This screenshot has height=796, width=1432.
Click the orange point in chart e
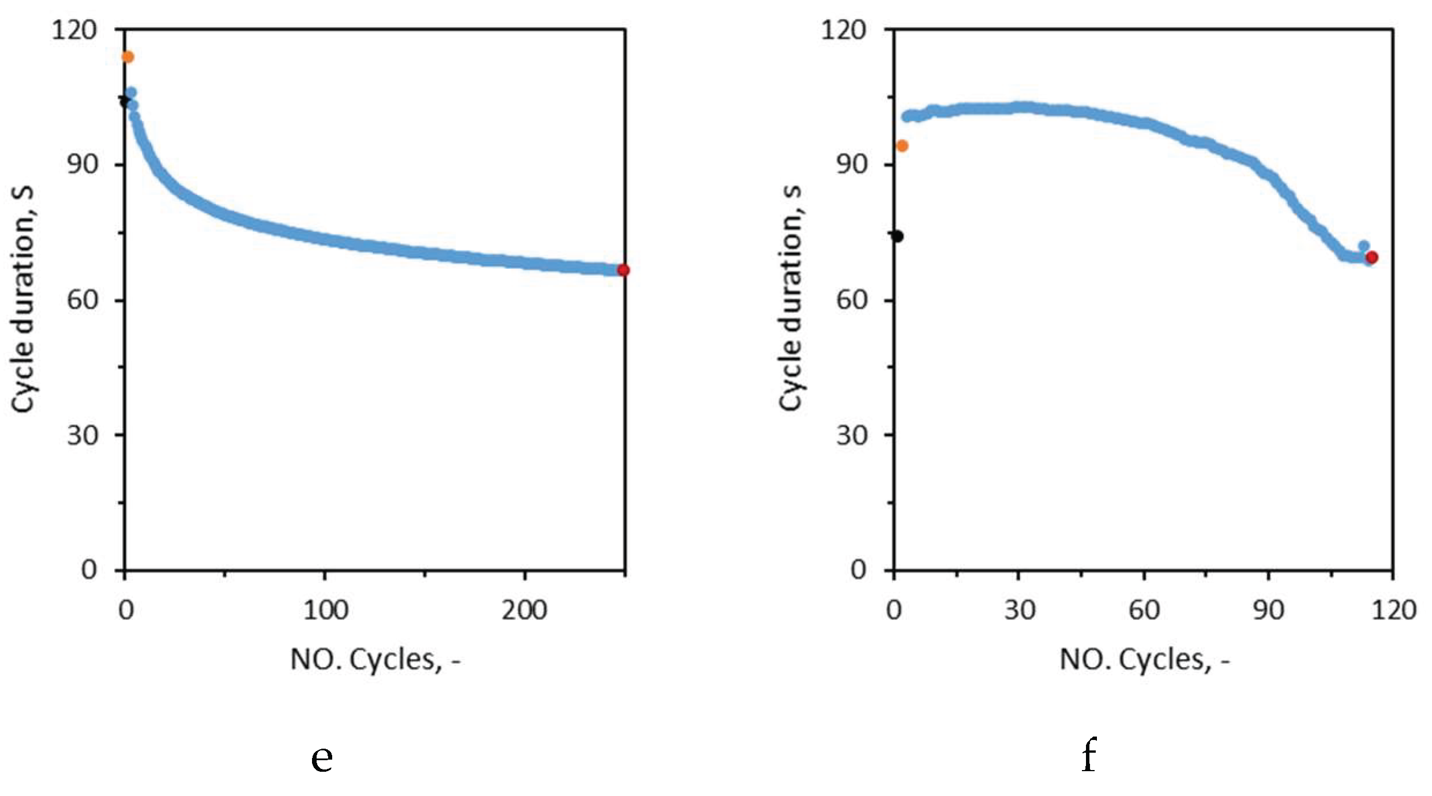pyautogui.click(x=127, y=57)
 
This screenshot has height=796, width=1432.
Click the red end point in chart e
pyautogui.click(x=623, y=270)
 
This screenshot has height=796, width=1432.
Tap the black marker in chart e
pyautogui.click(x=124, y=102)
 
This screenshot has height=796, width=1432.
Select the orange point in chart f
pyautogui.click(x=902, y=146)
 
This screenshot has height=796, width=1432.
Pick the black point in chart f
pyautogui.click(x=897, y=236)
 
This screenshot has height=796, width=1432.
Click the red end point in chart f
pyautogui.click(x=1372, y=257)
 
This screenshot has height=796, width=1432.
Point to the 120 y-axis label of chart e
pyautogui.click(x=74, y=29)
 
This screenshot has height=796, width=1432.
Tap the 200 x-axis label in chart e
pyautogui.click(x=524, y=611)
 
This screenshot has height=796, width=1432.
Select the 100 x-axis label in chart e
pyautogui.click(x=326, y=611)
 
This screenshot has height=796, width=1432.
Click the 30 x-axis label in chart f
pyautogui.click(x=1020, y=611)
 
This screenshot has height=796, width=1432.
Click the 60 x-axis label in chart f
pyautogui.click(x=1144, y=611)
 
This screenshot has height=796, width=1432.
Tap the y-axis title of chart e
pyautogui.click(x=23, y=299)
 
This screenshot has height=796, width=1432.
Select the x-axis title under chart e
pyautogui.click(x=375, y=659)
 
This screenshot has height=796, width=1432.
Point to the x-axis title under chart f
pyautogui.click(x=1145, y=659)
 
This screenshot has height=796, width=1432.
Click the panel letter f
pyautogui.click(x=1088, y=755)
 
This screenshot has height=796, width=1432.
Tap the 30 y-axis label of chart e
pyautogui.click(x=82, y=435)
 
